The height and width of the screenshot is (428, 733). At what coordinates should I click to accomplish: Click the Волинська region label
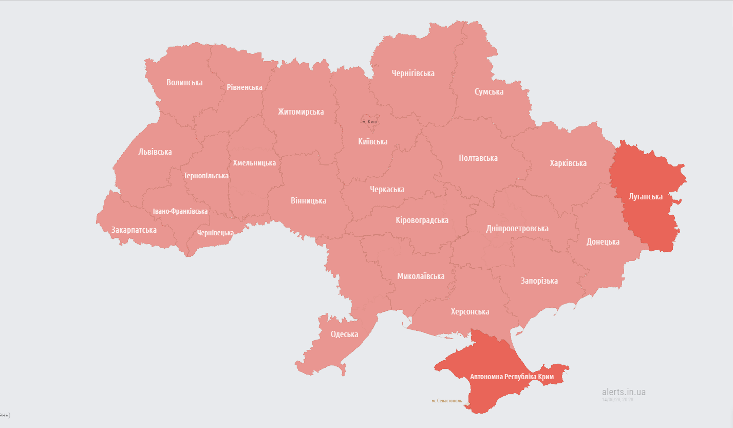[184, 82]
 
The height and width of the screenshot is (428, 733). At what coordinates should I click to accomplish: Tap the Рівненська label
[245, 87]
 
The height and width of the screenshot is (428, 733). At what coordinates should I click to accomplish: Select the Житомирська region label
[301, 111]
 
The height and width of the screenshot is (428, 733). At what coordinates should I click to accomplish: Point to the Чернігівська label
[413, 73]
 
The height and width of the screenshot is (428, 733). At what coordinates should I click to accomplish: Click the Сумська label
[489, 92]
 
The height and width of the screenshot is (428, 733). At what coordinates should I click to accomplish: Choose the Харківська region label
[568, 163]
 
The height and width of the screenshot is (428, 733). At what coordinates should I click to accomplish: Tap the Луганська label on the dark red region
[646, 197]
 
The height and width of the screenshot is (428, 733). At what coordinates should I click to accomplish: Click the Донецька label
[603, 241]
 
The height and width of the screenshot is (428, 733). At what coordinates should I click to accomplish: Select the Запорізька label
[539, 281]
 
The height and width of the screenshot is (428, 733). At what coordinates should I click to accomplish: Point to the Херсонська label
[470, 311]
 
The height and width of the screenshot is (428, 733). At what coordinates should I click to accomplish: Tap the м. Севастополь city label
[447, 401]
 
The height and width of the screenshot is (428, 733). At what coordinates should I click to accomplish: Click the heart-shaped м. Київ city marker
[369, 120]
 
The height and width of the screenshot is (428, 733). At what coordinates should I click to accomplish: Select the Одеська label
[344, 334]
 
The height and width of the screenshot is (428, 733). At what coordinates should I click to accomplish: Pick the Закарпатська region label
[134, 230]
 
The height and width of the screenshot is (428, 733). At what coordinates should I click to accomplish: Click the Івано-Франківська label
[181, 211]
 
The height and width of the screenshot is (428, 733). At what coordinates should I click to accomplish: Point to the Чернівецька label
[216, 233]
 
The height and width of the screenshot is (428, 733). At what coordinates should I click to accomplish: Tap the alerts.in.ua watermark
[624, 392]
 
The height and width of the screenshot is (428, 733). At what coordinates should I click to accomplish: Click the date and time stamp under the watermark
[617, 399]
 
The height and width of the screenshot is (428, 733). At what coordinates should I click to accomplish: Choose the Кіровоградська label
[422, 220]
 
